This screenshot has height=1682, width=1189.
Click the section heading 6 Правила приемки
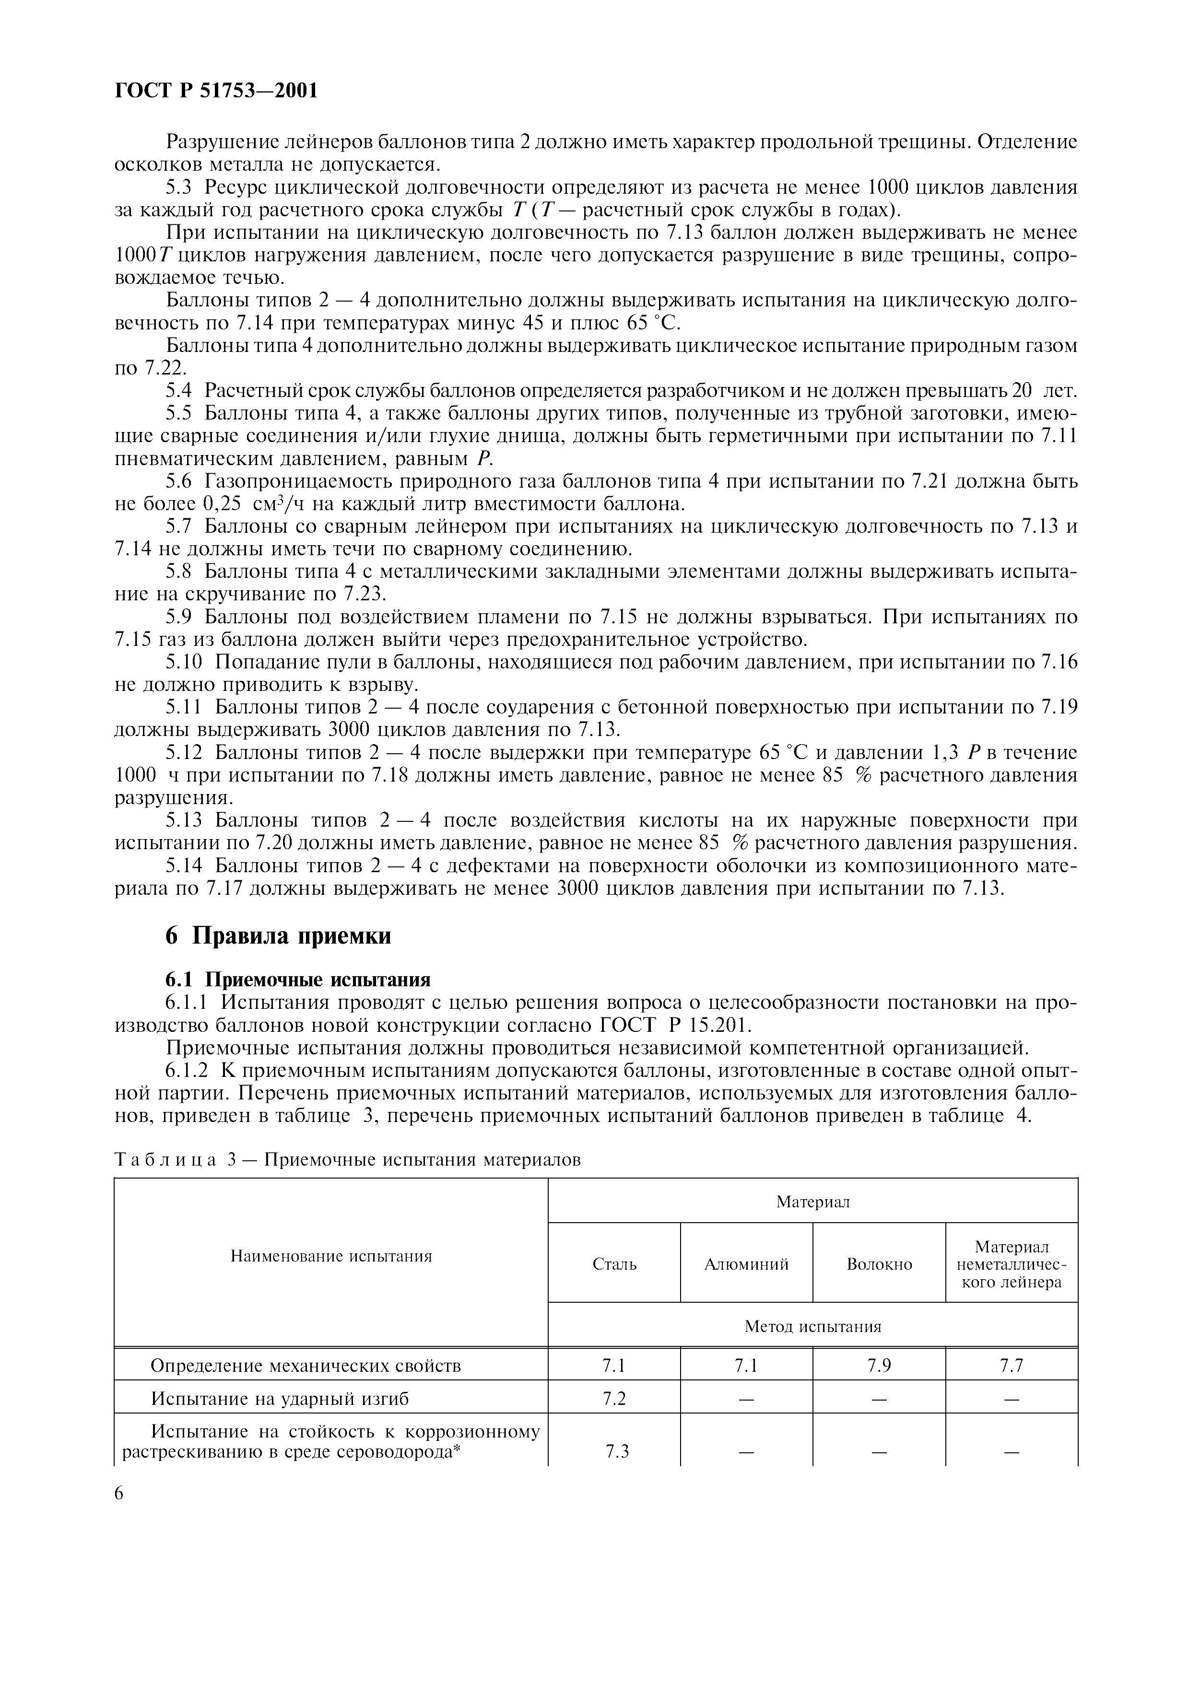tap(278, 936)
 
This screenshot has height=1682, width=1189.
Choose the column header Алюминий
tap(746, 1264)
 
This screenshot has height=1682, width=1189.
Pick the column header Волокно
tap(879, 1264)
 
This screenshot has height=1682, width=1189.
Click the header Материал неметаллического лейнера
tap(1011, 1264)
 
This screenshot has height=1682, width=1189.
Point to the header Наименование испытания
tap(331, 1256)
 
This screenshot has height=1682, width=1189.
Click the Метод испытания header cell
tap(812, 1326)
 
